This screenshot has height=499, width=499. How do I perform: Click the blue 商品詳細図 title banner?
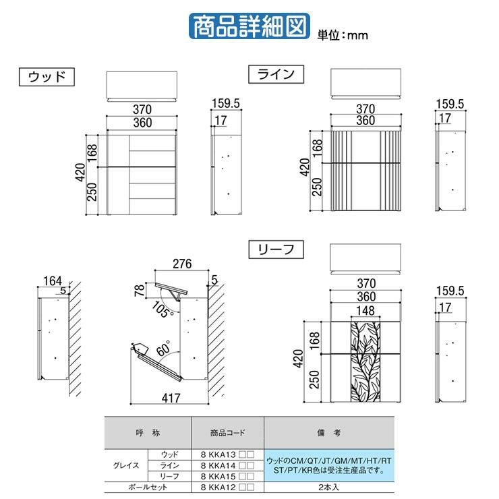tap(249, 26)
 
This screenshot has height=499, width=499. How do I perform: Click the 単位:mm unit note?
tap(343, 35)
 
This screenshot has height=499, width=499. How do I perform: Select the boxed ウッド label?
tap(47, 77)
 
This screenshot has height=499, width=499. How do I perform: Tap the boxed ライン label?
tap(276, 74)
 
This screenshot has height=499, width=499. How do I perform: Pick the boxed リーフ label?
tap(276, 249)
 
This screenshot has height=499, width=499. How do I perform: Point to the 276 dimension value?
tap(182, 264)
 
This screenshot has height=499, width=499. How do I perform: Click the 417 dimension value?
tap(171, 398)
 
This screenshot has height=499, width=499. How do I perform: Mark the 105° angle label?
tap(163, 310)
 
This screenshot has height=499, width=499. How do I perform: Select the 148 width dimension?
tap(365, 311)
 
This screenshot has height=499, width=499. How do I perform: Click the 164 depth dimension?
tap(53, 281)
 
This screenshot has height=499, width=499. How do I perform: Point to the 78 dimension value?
tap(140, 290)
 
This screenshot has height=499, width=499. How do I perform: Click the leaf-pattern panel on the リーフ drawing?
tap(365, 362)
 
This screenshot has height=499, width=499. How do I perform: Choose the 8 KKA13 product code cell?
tap(227, 454)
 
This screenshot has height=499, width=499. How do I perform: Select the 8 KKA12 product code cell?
tap(227, 488)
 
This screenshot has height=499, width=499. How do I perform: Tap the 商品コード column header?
tap(227, 433)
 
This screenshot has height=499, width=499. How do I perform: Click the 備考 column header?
tap(329, 433)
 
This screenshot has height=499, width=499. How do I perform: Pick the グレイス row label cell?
tap(126, 465)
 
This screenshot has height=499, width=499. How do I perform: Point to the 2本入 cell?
tap(329, 488)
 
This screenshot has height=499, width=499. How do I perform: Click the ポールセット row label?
tap(148, 488)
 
